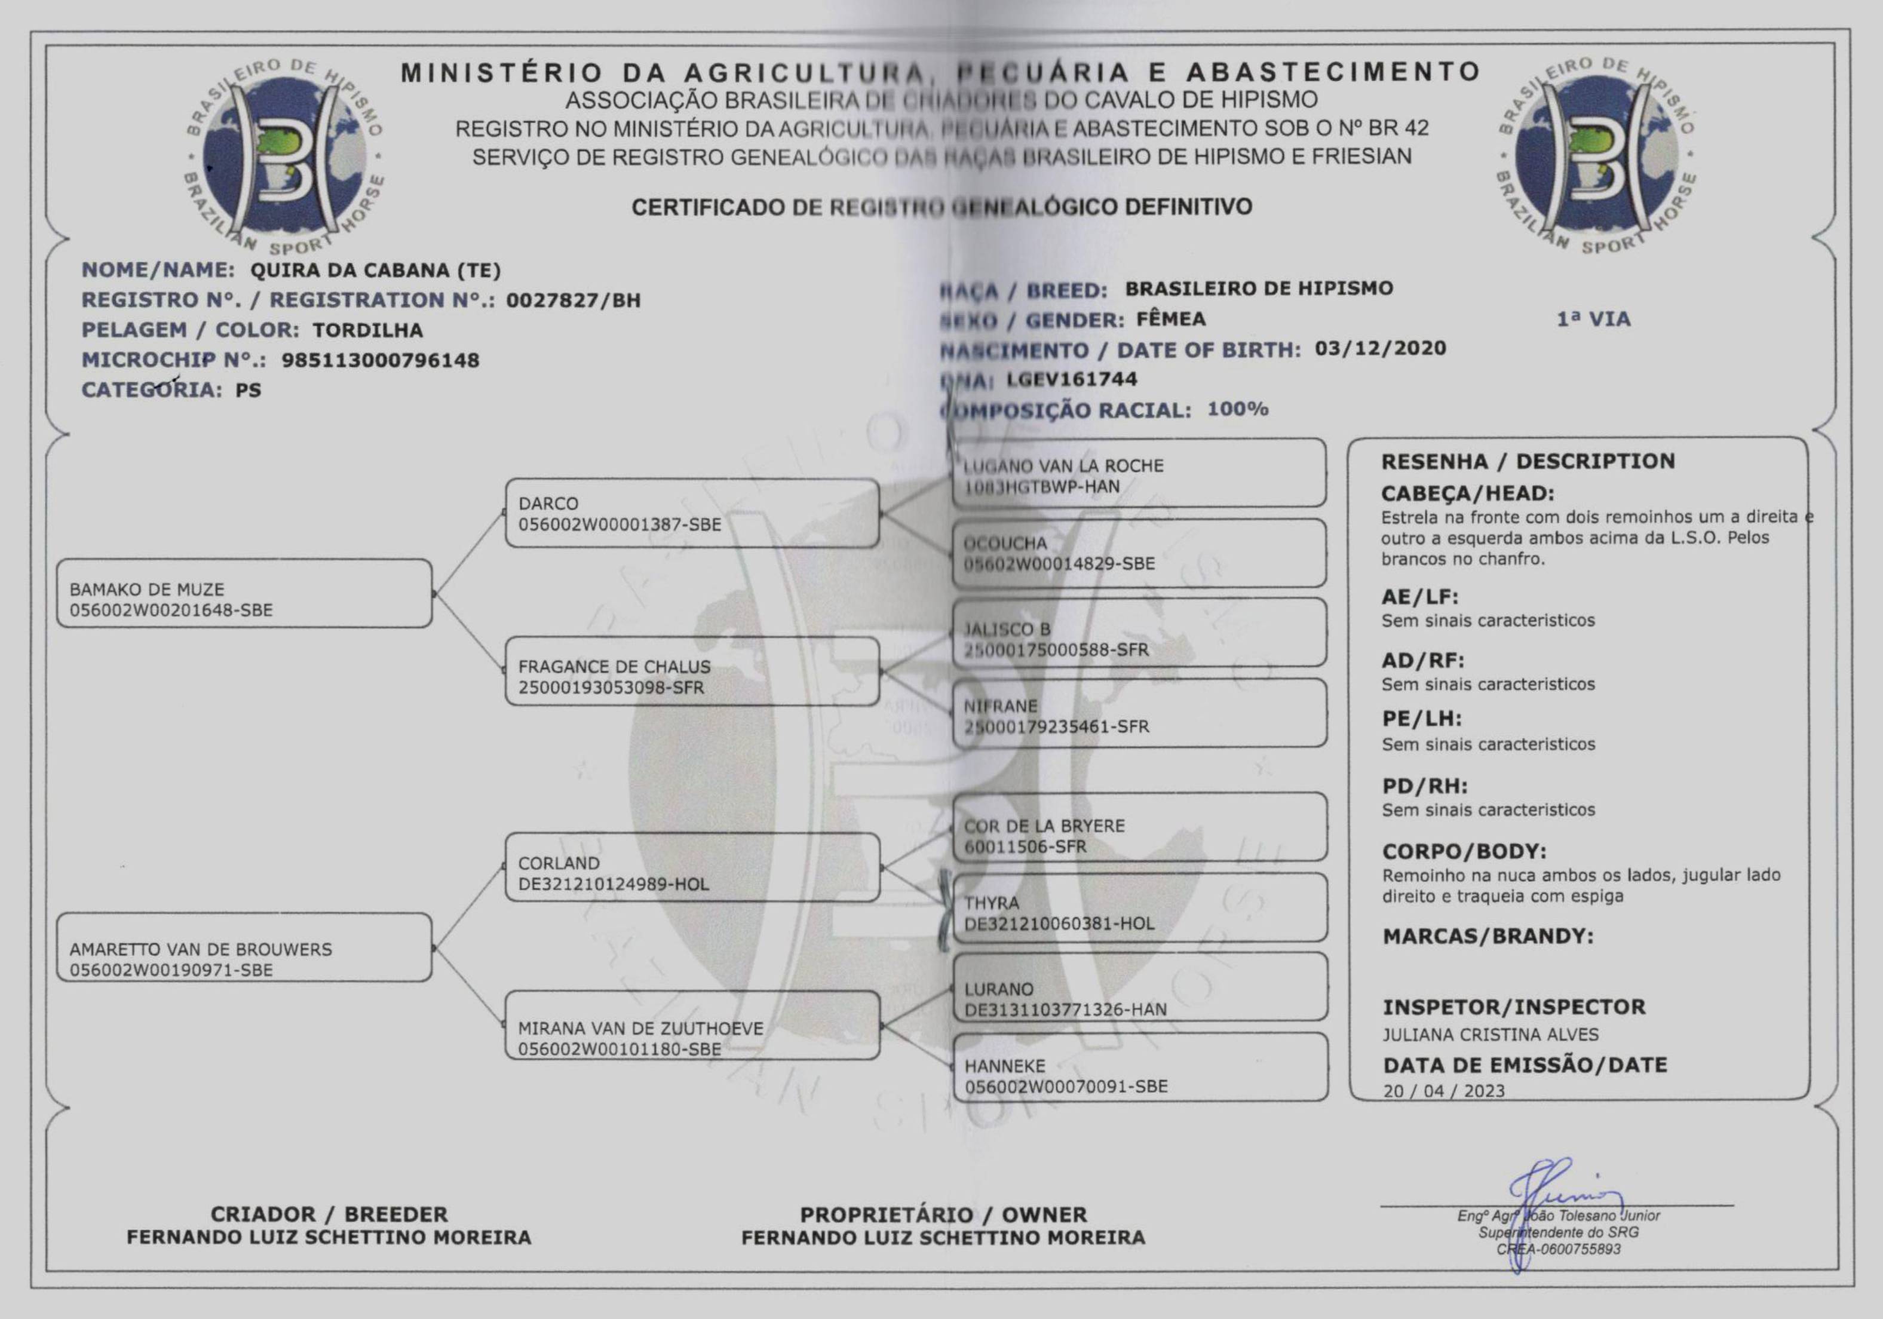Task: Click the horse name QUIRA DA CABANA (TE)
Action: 375,270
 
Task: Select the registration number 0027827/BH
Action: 572,300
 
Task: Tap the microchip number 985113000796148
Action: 380,360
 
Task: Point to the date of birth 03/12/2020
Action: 1379,349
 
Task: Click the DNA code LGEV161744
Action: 1071,379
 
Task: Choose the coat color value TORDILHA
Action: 367,330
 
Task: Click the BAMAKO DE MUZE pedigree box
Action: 244,594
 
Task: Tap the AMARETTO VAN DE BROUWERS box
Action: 244,947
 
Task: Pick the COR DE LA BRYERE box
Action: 1139,827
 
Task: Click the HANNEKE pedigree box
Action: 1139,1067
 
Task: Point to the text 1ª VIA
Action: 1593,319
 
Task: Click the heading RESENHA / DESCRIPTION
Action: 1527,461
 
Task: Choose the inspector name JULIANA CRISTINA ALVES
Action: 1490,1035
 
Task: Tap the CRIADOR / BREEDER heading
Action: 329,1214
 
